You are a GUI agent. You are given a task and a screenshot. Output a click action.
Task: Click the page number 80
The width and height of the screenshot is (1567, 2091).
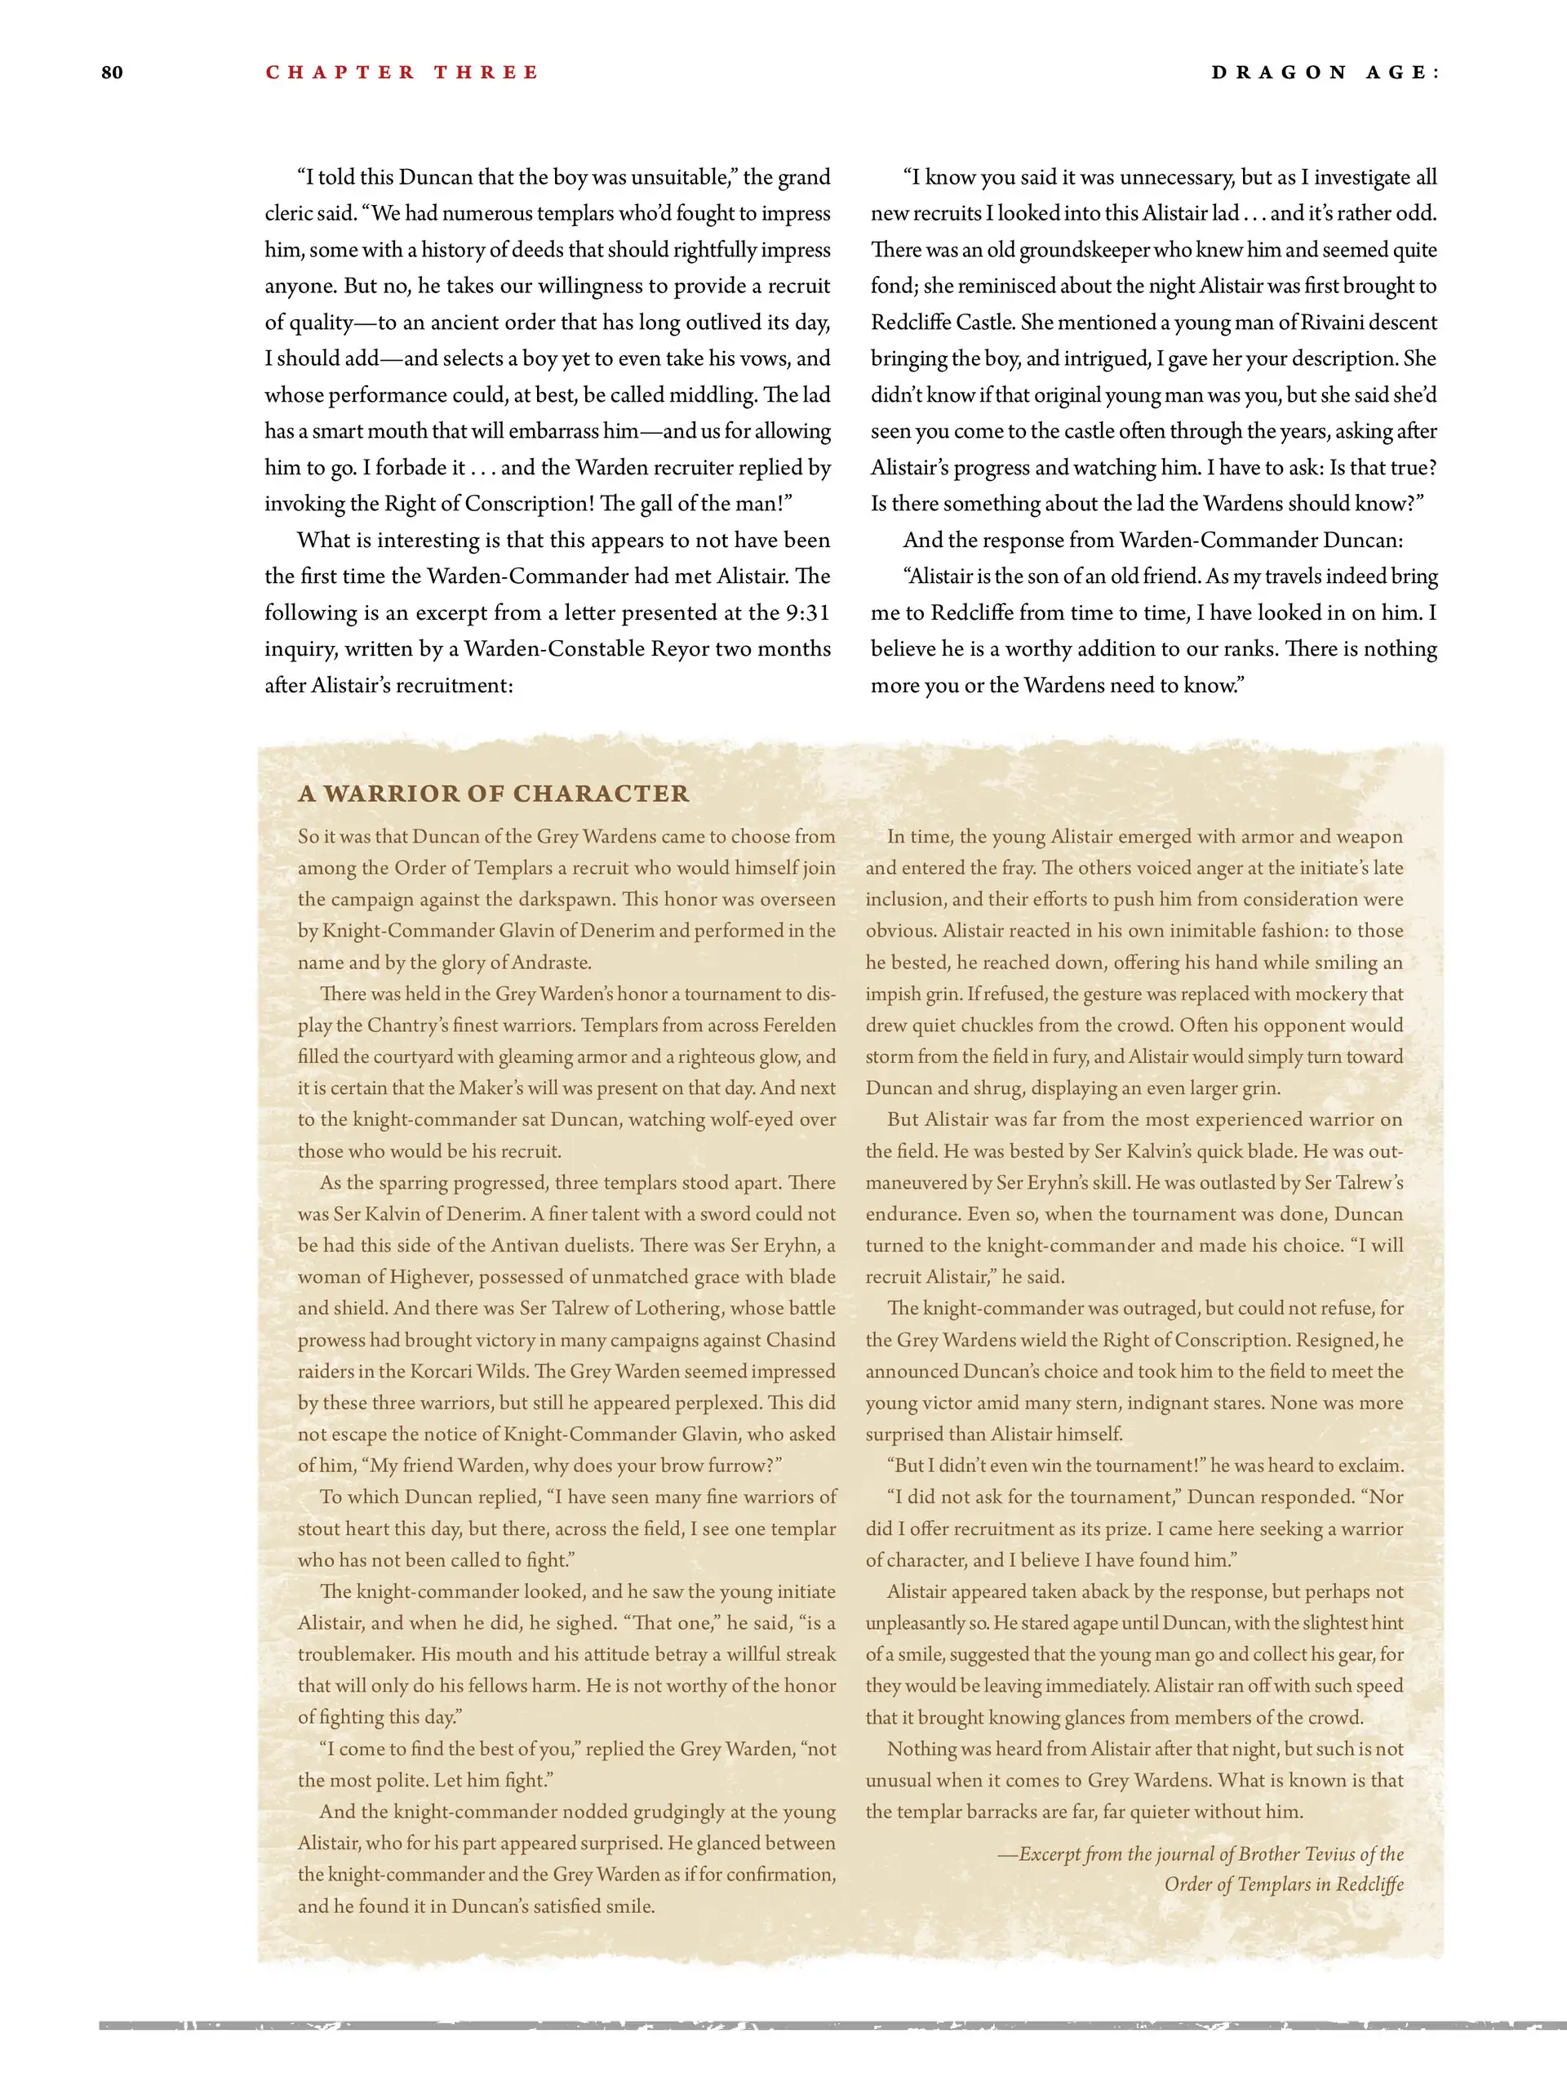[112, 73]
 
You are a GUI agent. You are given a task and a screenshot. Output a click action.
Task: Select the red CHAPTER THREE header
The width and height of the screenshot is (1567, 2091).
[402, 73]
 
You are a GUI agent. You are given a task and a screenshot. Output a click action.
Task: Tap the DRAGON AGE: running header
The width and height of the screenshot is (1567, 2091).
[1325, 73]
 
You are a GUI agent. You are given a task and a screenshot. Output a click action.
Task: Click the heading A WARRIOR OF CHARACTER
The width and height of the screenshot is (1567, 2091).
[493, 793]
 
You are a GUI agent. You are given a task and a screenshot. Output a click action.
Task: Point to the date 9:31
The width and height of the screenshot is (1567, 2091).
[807, 612]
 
